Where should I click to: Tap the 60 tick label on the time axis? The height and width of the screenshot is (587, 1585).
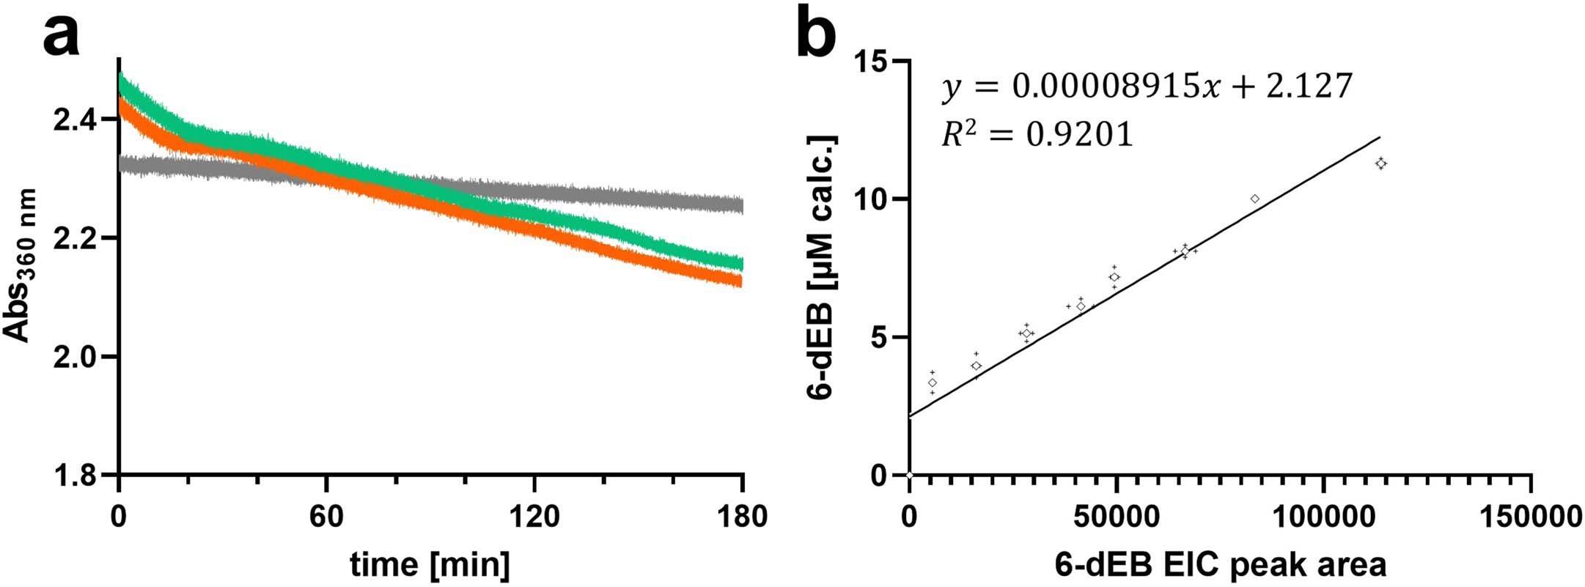pos(326,517)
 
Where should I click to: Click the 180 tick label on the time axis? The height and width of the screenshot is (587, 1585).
pos(743,517)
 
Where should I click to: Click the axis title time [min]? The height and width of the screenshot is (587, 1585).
pos(430,564)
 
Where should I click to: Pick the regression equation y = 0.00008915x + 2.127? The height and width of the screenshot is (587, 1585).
pos(1147,87)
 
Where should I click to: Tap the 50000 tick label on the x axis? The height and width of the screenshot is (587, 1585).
pos(1116,517)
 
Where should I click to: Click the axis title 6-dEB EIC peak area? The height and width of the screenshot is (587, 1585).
pos(1221,564)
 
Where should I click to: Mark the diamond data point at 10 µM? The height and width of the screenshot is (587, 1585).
pos(1255,199)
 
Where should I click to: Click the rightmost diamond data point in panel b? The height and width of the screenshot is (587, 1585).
pos(1381,163)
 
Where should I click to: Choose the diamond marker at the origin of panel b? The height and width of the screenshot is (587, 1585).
pos(910,475)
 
